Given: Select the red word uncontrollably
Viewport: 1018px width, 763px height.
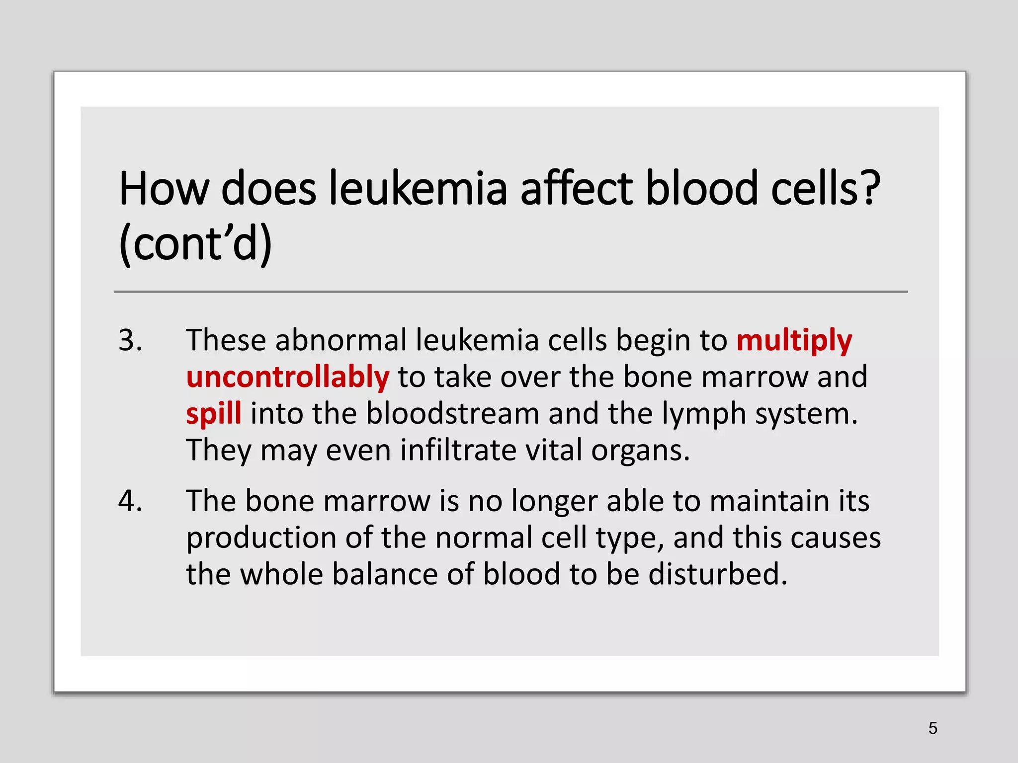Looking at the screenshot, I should coord(287,377).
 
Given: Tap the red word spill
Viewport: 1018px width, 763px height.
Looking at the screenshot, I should coord(214,414).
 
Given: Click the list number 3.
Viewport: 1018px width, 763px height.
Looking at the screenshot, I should coord(130,341).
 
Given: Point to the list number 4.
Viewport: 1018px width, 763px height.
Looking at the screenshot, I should coord(130,501).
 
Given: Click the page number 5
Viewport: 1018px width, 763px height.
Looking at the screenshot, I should coord(933,728).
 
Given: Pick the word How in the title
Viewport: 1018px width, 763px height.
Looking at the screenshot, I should coord(164,189).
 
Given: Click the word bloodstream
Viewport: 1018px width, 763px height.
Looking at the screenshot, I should coord(452,414).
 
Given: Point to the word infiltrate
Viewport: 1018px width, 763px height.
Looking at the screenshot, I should coord(458,450).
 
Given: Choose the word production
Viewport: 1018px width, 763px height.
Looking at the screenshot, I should coord(261,538).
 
